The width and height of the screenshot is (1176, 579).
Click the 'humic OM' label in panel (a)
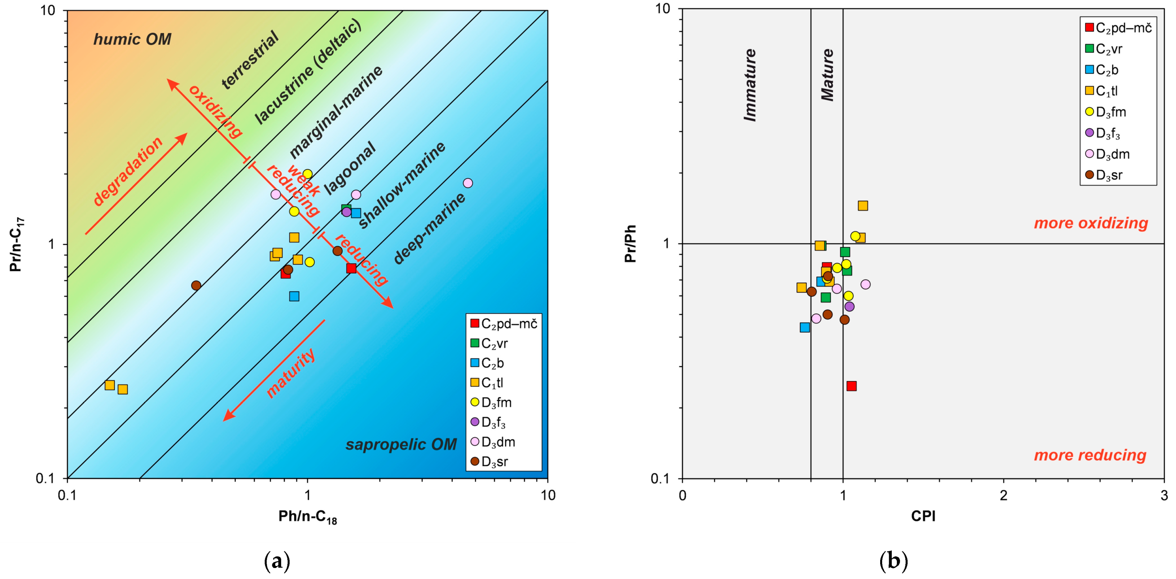[132, 40]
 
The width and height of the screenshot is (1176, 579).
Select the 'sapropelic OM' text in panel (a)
[401, 444]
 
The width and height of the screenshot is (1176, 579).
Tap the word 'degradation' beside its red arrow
[128, 171]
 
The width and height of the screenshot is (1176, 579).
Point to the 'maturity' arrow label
[291, 373]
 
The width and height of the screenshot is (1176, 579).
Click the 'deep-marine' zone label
[429, 228]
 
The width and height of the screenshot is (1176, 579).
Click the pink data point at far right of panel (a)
[468, 183]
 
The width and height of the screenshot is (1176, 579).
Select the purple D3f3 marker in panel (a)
[346, 212]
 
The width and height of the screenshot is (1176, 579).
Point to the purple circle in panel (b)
[849, 307]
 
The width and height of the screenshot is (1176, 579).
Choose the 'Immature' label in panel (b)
[750, 85]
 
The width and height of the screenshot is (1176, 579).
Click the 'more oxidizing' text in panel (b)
[1090, 223]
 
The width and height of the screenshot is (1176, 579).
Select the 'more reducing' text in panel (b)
[1090, 455]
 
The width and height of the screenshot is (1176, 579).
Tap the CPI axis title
[923, 516]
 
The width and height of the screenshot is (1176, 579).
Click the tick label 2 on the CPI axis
[1003, 495]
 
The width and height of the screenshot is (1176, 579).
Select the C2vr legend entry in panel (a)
[489, 343]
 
